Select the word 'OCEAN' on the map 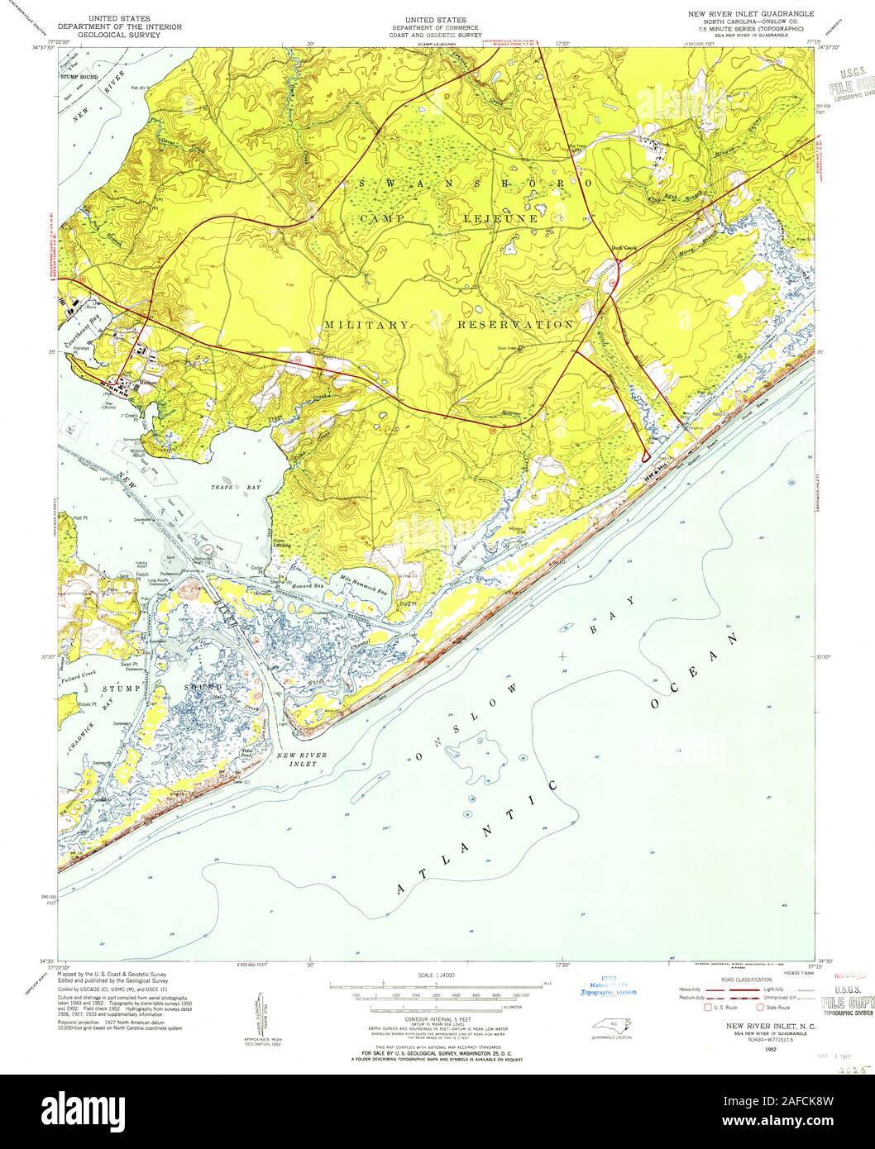pos(693,671)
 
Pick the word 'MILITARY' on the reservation pos(366,325)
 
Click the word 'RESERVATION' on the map pos(515,325)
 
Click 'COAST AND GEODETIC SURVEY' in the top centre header pos(435,36)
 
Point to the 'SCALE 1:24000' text pos(437,976)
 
